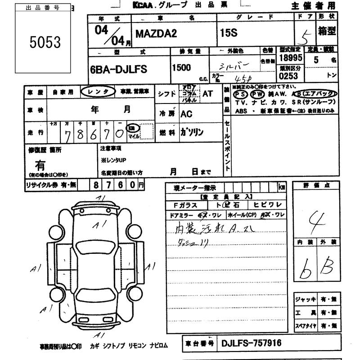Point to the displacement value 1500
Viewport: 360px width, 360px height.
(182, 67)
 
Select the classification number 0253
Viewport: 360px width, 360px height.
(288, 76)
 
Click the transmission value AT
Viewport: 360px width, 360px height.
(207, 94)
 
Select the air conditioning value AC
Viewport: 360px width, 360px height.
(187, 114)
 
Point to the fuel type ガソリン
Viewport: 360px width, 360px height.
(192, 132)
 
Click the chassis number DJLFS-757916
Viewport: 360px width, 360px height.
(251, 343)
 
